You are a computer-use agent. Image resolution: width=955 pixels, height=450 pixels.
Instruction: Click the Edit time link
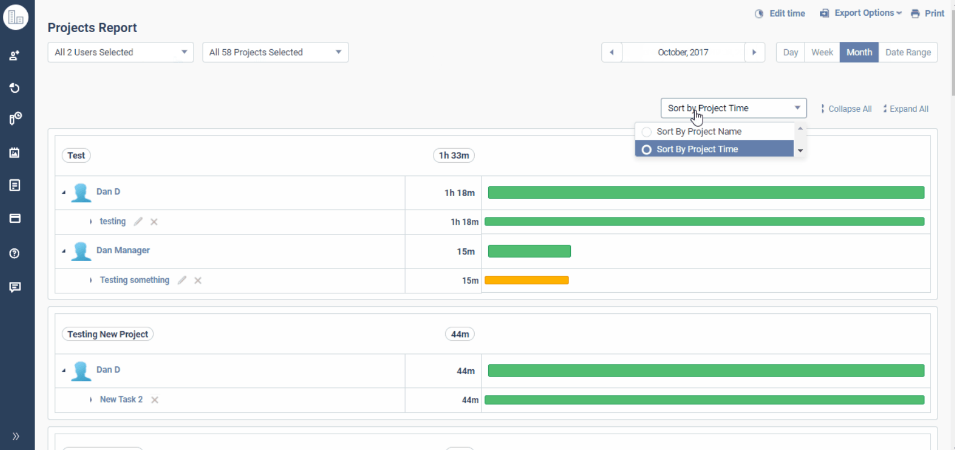click(x=780, y=14)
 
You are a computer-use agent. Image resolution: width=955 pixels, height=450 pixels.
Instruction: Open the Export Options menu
click(x=861, y=13)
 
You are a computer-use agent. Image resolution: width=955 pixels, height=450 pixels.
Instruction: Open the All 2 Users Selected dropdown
click(x=121, y=52)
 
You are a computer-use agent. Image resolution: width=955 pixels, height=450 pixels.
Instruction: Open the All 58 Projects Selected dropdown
click(x=275, y=52)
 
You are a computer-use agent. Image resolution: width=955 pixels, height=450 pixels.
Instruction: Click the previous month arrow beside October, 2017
click(x=612, y=53)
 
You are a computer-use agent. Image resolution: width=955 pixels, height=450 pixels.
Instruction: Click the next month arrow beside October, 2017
click(x=754, y=53)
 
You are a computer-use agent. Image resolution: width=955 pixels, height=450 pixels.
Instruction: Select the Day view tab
click(x=790, y=53)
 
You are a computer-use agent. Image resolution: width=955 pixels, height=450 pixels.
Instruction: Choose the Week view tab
click(x=821, y=53)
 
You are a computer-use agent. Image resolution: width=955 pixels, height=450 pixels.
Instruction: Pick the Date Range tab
click(x=907, y=53)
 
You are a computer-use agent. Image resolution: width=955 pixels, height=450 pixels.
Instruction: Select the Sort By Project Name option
click(x=699, y=132)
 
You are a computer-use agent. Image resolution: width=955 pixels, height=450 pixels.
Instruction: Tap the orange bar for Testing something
click(x=526, y=280)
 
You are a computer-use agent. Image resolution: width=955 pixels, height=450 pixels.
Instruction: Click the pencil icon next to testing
click(x=138, y=222)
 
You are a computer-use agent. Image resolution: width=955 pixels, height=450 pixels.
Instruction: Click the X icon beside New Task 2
click(x=154, y=400)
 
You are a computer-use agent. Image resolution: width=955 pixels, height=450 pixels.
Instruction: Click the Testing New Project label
click(x=107, y=334)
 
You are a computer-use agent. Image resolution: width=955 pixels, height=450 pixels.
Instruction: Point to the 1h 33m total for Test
click(x=454, y=155)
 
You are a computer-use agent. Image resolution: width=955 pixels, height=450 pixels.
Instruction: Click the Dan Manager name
click(x=123, y=250)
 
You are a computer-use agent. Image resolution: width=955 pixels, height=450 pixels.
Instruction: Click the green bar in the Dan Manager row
click(x=529, y=251)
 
